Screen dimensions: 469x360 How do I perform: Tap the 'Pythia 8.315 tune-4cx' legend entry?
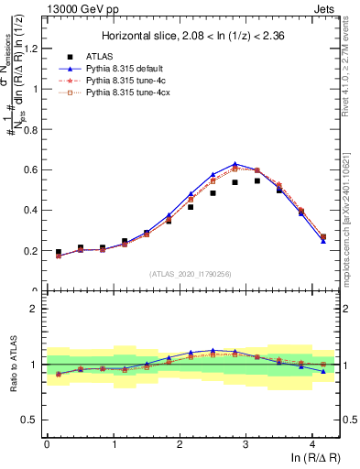coord(129,93)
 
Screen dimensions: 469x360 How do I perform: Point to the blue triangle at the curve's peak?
coord(235,164)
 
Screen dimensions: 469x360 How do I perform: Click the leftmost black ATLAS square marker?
coord(59,252)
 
